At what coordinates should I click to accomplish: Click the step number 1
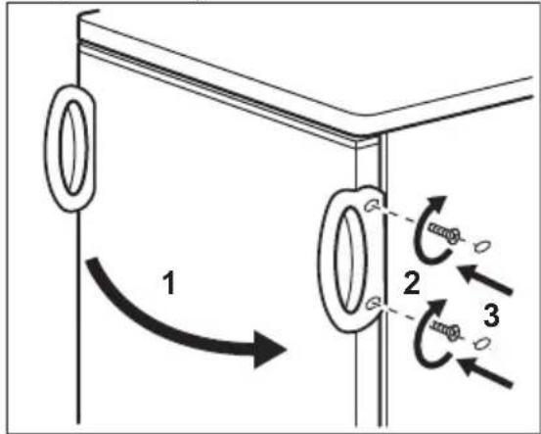[x=168, y=283]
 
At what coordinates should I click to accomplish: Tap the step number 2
[x=411, y=283]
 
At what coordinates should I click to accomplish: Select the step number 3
[x=491, y=315]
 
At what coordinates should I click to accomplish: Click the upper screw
[x=444, y=232]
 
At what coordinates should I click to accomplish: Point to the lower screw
[x=446, y=329]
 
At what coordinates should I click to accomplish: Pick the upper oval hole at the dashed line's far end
[x=482, y=246]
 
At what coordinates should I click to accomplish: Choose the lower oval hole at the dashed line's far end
[x=481, y=343]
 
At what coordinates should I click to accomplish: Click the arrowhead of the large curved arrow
[x=268, y=349]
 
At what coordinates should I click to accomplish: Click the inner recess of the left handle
[x=73, y=148]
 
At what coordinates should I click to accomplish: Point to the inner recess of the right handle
[x=350, y=260]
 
